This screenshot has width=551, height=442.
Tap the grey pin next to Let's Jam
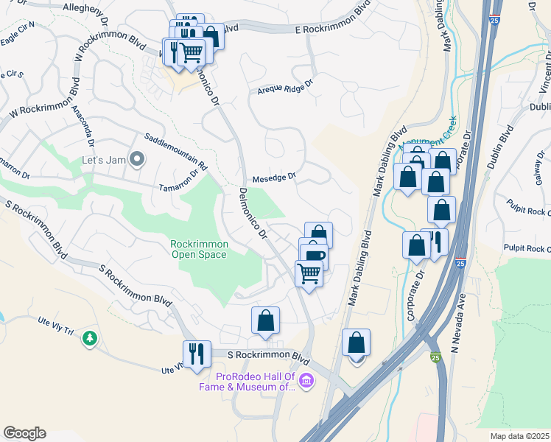tap(136, 159)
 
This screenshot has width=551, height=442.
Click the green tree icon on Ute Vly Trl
tap(90, 338)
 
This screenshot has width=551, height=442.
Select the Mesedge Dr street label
tap(274, 177)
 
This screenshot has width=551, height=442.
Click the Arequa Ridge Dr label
tap(285, 90)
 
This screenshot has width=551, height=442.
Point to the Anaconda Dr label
tap(85, 126)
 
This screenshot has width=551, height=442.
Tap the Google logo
tap(24, 433)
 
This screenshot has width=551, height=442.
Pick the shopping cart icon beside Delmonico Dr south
tap(309, 273)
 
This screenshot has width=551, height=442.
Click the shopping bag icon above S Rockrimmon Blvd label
tap(265, 320)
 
